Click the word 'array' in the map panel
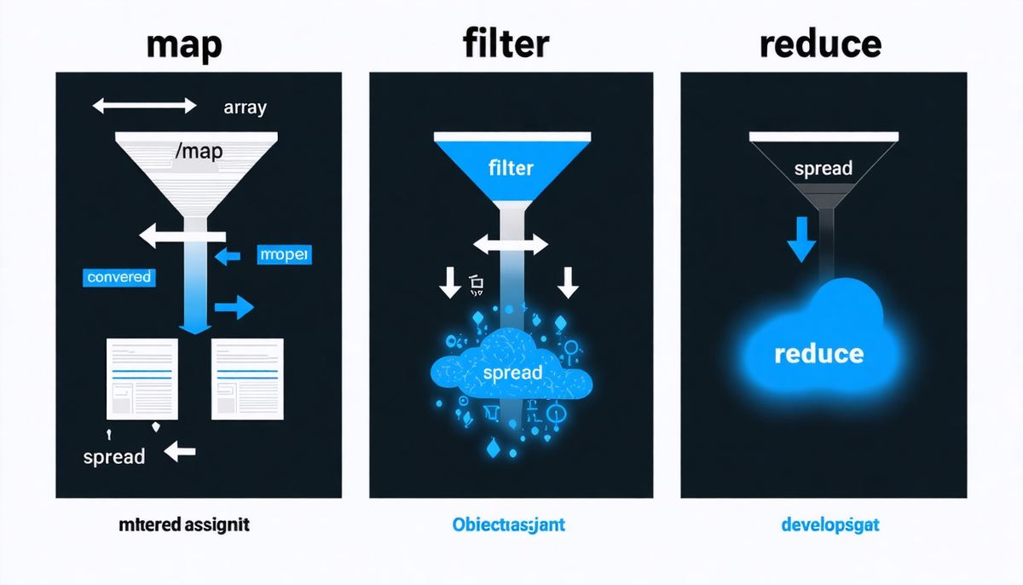click(x=245, y=107)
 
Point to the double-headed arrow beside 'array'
click(x=144, y=106)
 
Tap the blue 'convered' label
click(x=119, y=276)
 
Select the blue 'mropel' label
click(x=285, y=254)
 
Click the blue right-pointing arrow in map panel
click(x=234, y=307)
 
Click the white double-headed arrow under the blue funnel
click(x=510, y=246)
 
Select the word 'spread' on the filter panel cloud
click(x=511, y=373)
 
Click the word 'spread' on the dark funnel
click(x=823, y=168)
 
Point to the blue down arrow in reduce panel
click(x=800, y=240)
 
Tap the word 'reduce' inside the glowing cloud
click(x=818, y=353)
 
